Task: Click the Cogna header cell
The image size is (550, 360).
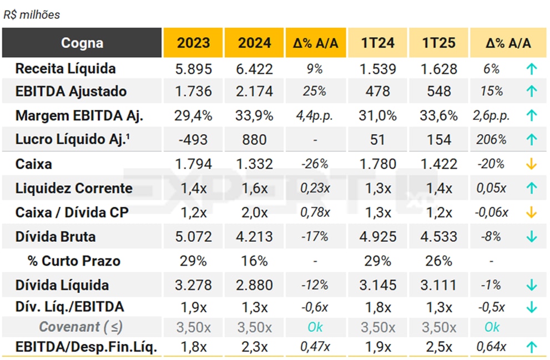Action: click(x=82, y=43)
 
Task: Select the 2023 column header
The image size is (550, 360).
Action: click(x=193, y=43)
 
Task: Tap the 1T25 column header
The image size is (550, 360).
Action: click(x=438, y=43)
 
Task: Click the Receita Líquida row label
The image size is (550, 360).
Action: click(x=65, y=69)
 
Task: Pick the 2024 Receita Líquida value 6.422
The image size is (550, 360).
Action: click(x=255, y=69)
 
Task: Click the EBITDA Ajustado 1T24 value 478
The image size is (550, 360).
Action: click(x=377, y=91)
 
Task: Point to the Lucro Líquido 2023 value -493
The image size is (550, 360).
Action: click(x=194, y=140)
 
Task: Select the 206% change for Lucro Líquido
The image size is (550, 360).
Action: click(x=491, y=140)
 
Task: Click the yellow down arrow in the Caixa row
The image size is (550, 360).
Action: click(x=532, y=164)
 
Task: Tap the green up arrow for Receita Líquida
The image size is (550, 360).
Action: click(x=532, y=69)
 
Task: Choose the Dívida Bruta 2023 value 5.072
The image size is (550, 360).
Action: click(x=193, y=237)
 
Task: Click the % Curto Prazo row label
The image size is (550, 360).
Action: click(x=74, y=261)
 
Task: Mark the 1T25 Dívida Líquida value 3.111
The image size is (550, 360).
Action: click(x=438, y=286)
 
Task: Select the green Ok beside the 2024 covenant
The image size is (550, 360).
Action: click(x=315, y=327)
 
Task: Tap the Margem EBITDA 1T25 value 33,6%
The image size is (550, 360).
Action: click(x=438, y=116)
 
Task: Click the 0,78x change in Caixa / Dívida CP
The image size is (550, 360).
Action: click(x=315, y=212)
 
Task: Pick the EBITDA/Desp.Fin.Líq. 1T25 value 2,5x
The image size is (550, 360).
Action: click(x=438, y=348)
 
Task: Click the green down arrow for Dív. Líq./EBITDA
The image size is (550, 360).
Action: click(x=532, y=307)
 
